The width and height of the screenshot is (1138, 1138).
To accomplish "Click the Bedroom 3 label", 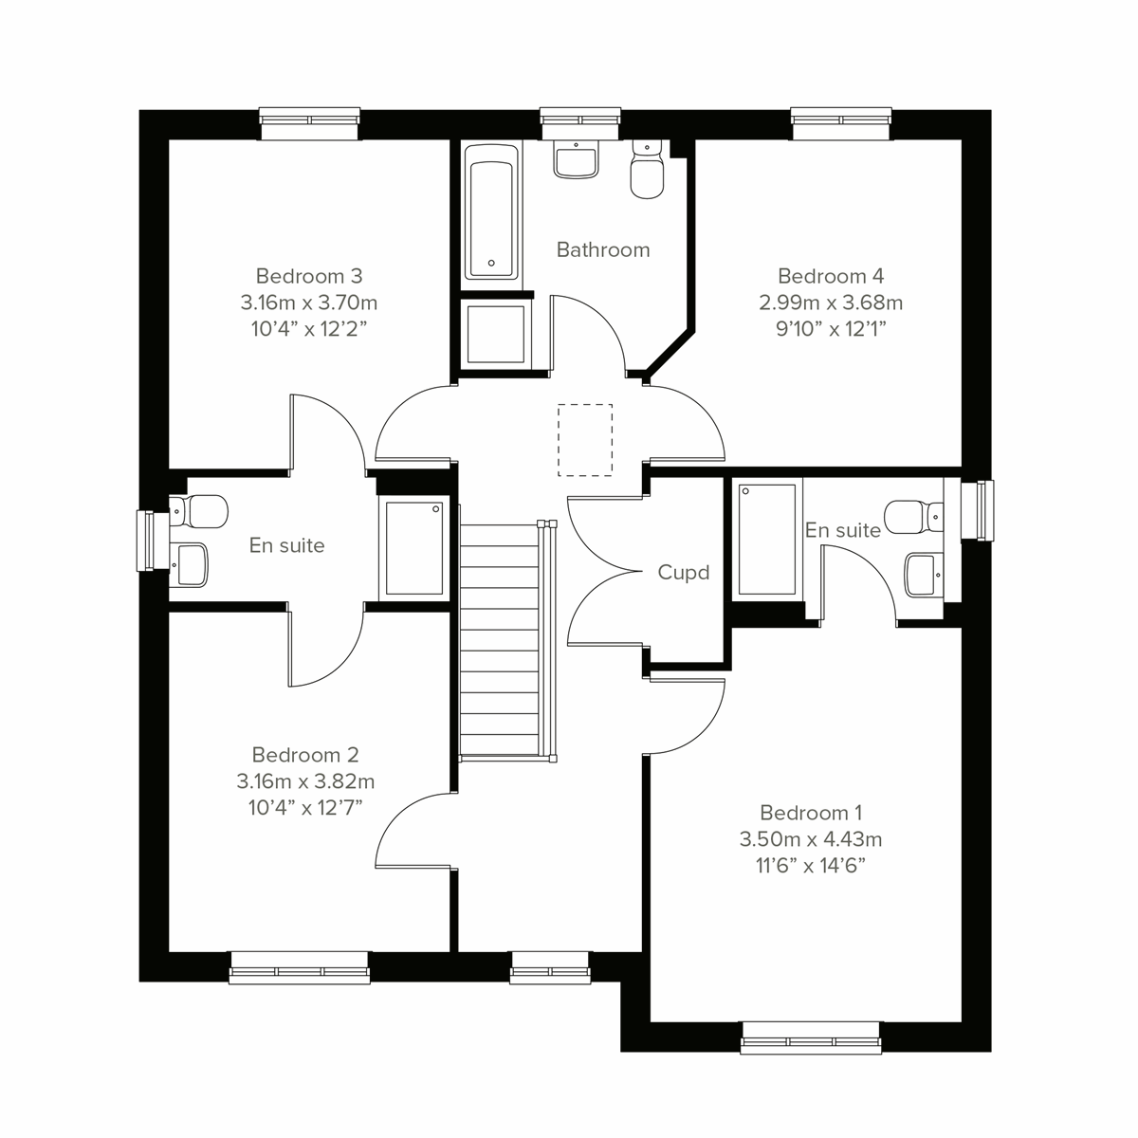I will click(x=309, y=276).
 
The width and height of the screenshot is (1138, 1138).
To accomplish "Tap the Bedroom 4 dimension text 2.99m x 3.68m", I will click(x=830, y=303).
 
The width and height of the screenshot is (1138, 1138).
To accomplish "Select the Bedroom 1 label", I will click(x=811, y=813).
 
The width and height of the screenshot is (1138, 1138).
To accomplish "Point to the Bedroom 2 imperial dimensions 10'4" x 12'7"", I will click(x=304, y=807).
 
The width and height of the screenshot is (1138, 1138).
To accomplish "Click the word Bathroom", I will click(x=603, y=250).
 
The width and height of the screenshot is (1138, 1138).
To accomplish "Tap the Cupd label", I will click(x=684, y=573).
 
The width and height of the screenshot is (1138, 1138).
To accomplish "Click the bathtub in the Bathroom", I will click(x=490, y=212).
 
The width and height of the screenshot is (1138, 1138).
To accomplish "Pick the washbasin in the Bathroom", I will click(x=576, y=160).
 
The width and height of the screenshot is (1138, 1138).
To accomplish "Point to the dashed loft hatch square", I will click(x=585, y=439).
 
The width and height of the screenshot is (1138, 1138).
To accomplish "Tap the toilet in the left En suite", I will click(x=201, y=511).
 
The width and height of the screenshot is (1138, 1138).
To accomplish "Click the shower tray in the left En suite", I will click(x=414, y=547).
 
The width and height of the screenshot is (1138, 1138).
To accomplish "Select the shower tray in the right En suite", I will click(x=767, y=539).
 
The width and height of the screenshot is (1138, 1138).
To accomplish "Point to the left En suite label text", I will click(x=286, y=545).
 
